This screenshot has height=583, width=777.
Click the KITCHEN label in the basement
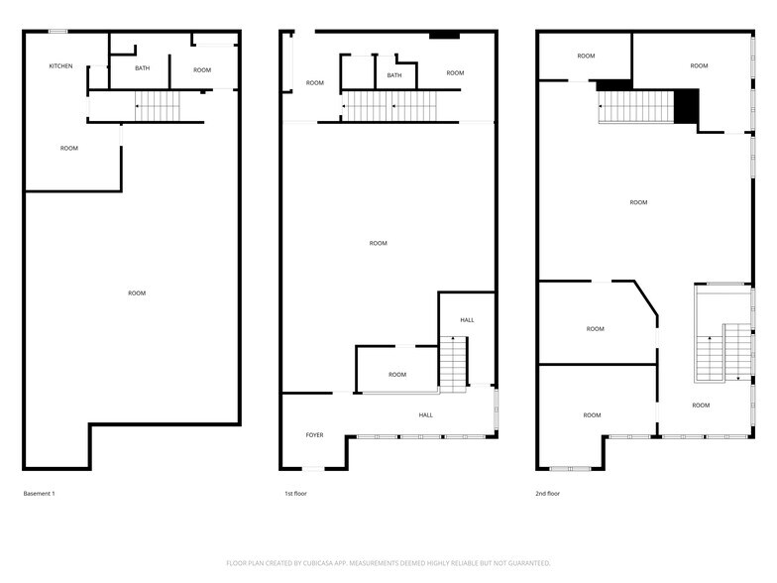point(61,66)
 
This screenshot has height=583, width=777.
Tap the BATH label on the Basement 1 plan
point(143,68)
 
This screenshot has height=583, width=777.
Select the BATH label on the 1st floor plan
point(394,75)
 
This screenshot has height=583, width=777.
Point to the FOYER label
point(314,435)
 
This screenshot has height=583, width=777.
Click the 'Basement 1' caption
point(40,493)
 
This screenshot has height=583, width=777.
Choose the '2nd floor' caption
point(549,493)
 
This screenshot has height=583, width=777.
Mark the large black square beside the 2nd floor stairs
point(687,106)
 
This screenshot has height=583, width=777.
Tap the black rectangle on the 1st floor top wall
point(444,36)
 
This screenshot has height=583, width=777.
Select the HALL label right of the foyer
point(425,415)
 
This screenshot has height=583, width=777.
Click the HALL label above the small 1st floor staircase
point(467,320)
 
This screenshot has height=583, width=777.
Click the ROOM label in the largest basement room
point(137,292)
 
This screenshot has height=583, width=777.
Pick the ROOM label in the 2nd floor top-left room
point(586,56)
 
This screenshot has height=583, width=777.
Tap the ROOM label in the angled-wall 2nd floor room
point(595,329)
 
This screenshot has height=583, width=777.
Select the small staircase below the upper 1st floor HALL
point(453,364)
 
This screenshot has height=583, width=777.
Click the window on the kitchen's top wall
point(58,32)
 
